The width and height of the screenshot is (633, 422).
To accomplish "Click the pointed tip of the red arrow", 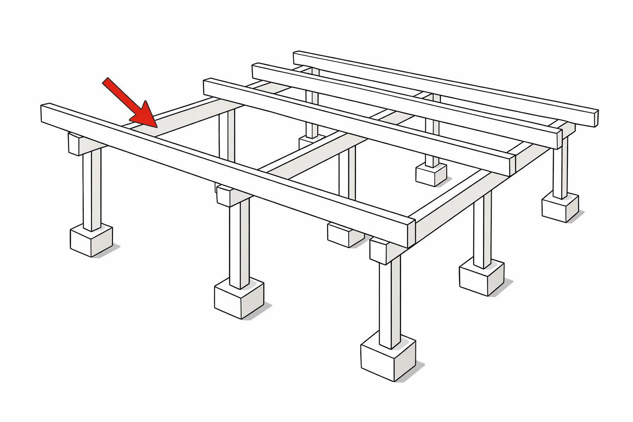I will pos(156,126).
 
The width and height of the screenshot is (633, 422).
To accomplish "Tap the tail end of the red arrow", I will pos(105,80).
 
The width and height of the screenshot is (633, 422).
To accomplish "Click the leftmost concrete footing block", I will pos(91,240).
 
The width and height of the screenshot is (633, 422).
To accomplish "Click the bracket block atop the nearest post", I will pos(379,251).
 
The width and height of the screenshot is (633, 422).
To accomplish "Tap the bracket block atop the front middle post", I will pos(226,196).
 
